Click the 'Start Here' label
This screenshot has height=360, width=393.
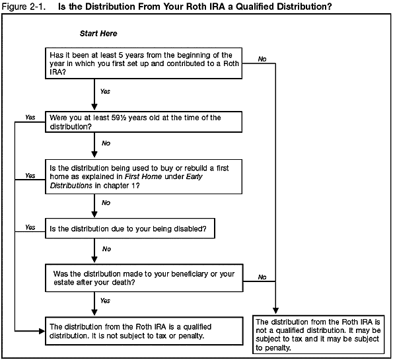98,33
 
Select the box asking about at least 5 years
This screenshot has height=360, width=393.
143,63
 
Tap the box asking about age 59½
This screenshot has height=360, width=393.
143,122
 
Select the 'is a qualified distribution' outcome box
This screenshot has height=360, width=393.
143,331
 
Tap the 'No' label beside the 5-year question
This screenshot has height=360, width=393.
262,59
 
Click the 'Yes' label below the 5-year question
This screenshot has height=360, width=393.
104,90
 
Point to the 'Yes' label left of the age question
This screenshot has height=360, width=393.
30,117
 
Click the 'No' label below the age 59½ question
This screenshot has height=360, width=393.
106,143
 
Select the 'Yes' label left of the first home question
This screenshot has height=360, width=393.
30,176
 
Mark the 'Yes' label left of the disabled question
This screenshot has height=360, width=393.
30,227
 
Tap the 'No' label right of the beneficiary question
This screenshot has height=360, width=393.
262,277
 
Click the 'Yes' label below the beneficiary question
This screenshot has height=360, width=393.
104,301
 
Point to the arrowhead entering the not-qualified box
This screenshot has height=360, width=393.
273,312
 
